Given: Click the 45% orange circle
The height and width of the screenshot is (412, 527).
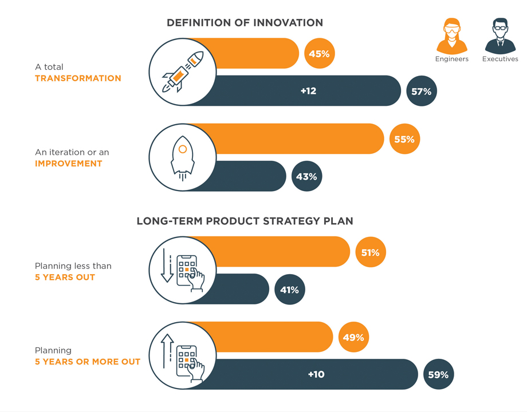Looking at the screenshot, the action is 319,53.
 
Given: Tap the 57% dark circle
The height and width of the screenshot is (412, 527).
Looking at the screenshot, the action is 422,91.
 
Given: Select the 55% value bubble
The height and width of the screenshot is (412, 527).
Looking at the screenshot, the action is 404,139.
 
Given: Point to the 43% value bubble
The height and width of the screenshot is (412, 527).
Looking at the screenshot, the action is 306,176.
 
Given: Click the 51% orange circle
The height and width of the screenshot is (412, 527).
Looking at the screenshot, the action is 371,252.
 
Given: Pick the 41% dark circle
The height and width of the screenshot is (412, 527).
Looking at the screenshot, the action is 290,290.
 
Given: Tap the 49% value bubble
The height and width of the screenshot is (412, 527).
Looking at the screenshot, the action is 353,337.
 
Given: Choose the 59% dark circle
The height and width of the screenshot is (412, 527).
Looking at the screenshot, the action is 439,374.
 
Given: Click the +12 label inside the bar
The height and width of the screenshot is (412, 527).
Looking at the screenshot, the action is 309,91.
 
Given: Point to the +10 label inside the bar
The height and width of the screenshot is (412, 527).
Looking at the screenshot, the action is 316,374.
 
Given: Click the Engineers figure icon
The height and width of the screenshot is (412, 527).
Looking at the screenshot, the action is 452,36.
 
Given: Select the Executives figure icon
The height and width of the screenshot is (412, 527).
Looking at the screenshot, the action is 500,36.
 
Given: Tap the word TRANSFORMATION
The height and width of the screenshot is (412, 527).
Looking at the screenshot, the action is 78,78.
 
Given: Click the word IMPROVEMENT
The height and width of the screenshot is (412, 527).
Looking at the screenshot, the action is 69,164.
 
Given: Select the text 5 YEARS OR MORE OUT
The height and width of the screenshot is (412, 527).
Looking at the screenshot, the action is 88,362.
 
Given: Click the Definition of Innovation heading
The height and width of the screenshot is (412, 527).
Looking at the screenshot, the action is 245,22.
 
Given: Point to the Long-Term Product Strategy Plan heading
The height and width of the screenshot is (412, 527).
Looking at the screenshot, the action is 245,221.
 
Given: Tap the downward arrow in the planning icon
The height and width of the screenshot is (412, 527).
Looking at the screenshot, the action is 167,266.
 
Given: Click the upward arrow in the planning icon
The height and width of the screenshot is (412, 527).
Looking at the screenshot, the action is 167,351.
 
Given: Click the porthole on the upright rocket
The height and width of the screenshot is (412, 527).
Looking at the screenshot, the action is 183,149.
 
